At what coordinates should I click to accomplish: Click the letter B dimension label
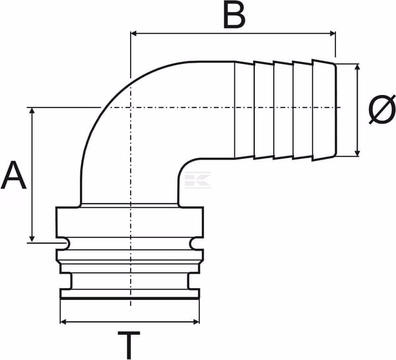tap(234, 16)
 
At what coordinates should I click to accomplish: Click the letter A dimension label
tap(14, 175)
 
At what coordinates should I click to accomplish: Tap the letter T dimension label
tap(129, 345)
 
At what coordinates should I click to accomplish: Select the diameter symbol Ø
tap(381, 109)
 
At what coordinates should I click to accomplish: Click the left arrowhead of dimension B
tap(133, 34)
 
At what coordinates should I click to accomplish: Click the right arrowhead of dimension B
tap(333, 34)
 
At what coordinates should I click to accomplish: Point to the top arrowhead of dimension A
tap(32, 111)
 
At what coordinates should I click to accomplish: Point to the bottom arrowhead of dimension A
tap(32, 239)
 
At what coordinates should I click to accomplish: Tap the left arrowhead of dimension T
tap(64, 322)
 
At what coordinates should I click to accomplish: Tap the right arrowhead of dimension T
tap(196, 322)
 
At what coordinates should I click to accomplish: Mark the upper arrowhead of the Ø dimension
tap(357, 67)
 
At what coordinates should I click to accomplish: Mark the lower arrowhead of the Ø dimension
tap(357, 153)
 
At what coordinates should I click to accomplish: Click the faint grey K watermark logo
tap(198, 180)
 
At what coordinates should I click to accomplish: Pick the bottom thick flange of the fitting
tap(130, 294)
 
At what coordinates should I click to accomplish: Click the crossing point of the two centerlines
tap(131, 107)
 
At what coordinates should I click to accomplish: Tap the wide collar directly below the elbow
tap(130, 222)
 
